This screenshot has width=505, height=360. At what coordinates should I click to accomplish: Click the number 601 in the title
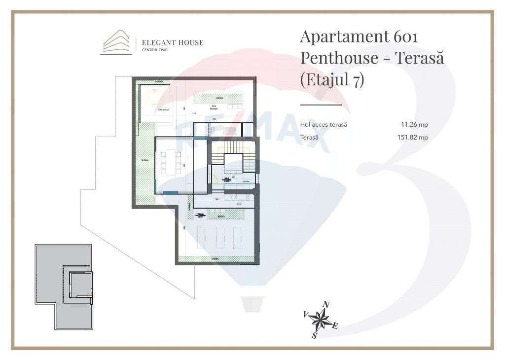coord(406,37)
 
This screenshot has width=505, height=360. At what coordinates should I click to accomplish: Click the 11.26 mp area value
coord(414,125)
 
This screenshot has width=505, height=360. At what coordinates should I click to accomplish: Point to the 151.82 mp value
coord(412,138)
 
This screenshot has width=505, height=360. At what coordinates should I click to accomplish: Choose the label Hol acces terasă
coord(324,125)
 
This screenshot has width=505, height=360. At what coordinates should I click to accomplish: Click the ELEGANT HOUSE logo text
coord(172,43)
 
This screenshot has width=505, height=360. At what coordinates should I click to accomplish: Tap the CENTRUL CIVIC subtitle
coord(154,50)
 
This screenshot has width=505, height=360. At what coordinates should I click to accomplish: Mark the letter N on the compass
coord(326,305)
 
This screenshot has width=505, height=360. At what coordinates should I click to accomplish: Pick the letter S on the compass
coord(314,336)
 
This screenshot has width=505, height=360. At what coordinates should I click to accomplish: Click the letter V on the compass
coord(306,314)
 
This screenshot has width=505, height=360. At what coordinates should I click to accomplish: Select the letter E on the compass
coord(335,326)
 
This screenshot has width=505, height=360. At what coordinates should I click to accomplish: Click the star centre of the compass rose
coord(321,320)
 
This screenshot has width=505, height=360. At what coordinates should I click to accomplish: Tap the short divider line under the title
coord(321,105)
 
